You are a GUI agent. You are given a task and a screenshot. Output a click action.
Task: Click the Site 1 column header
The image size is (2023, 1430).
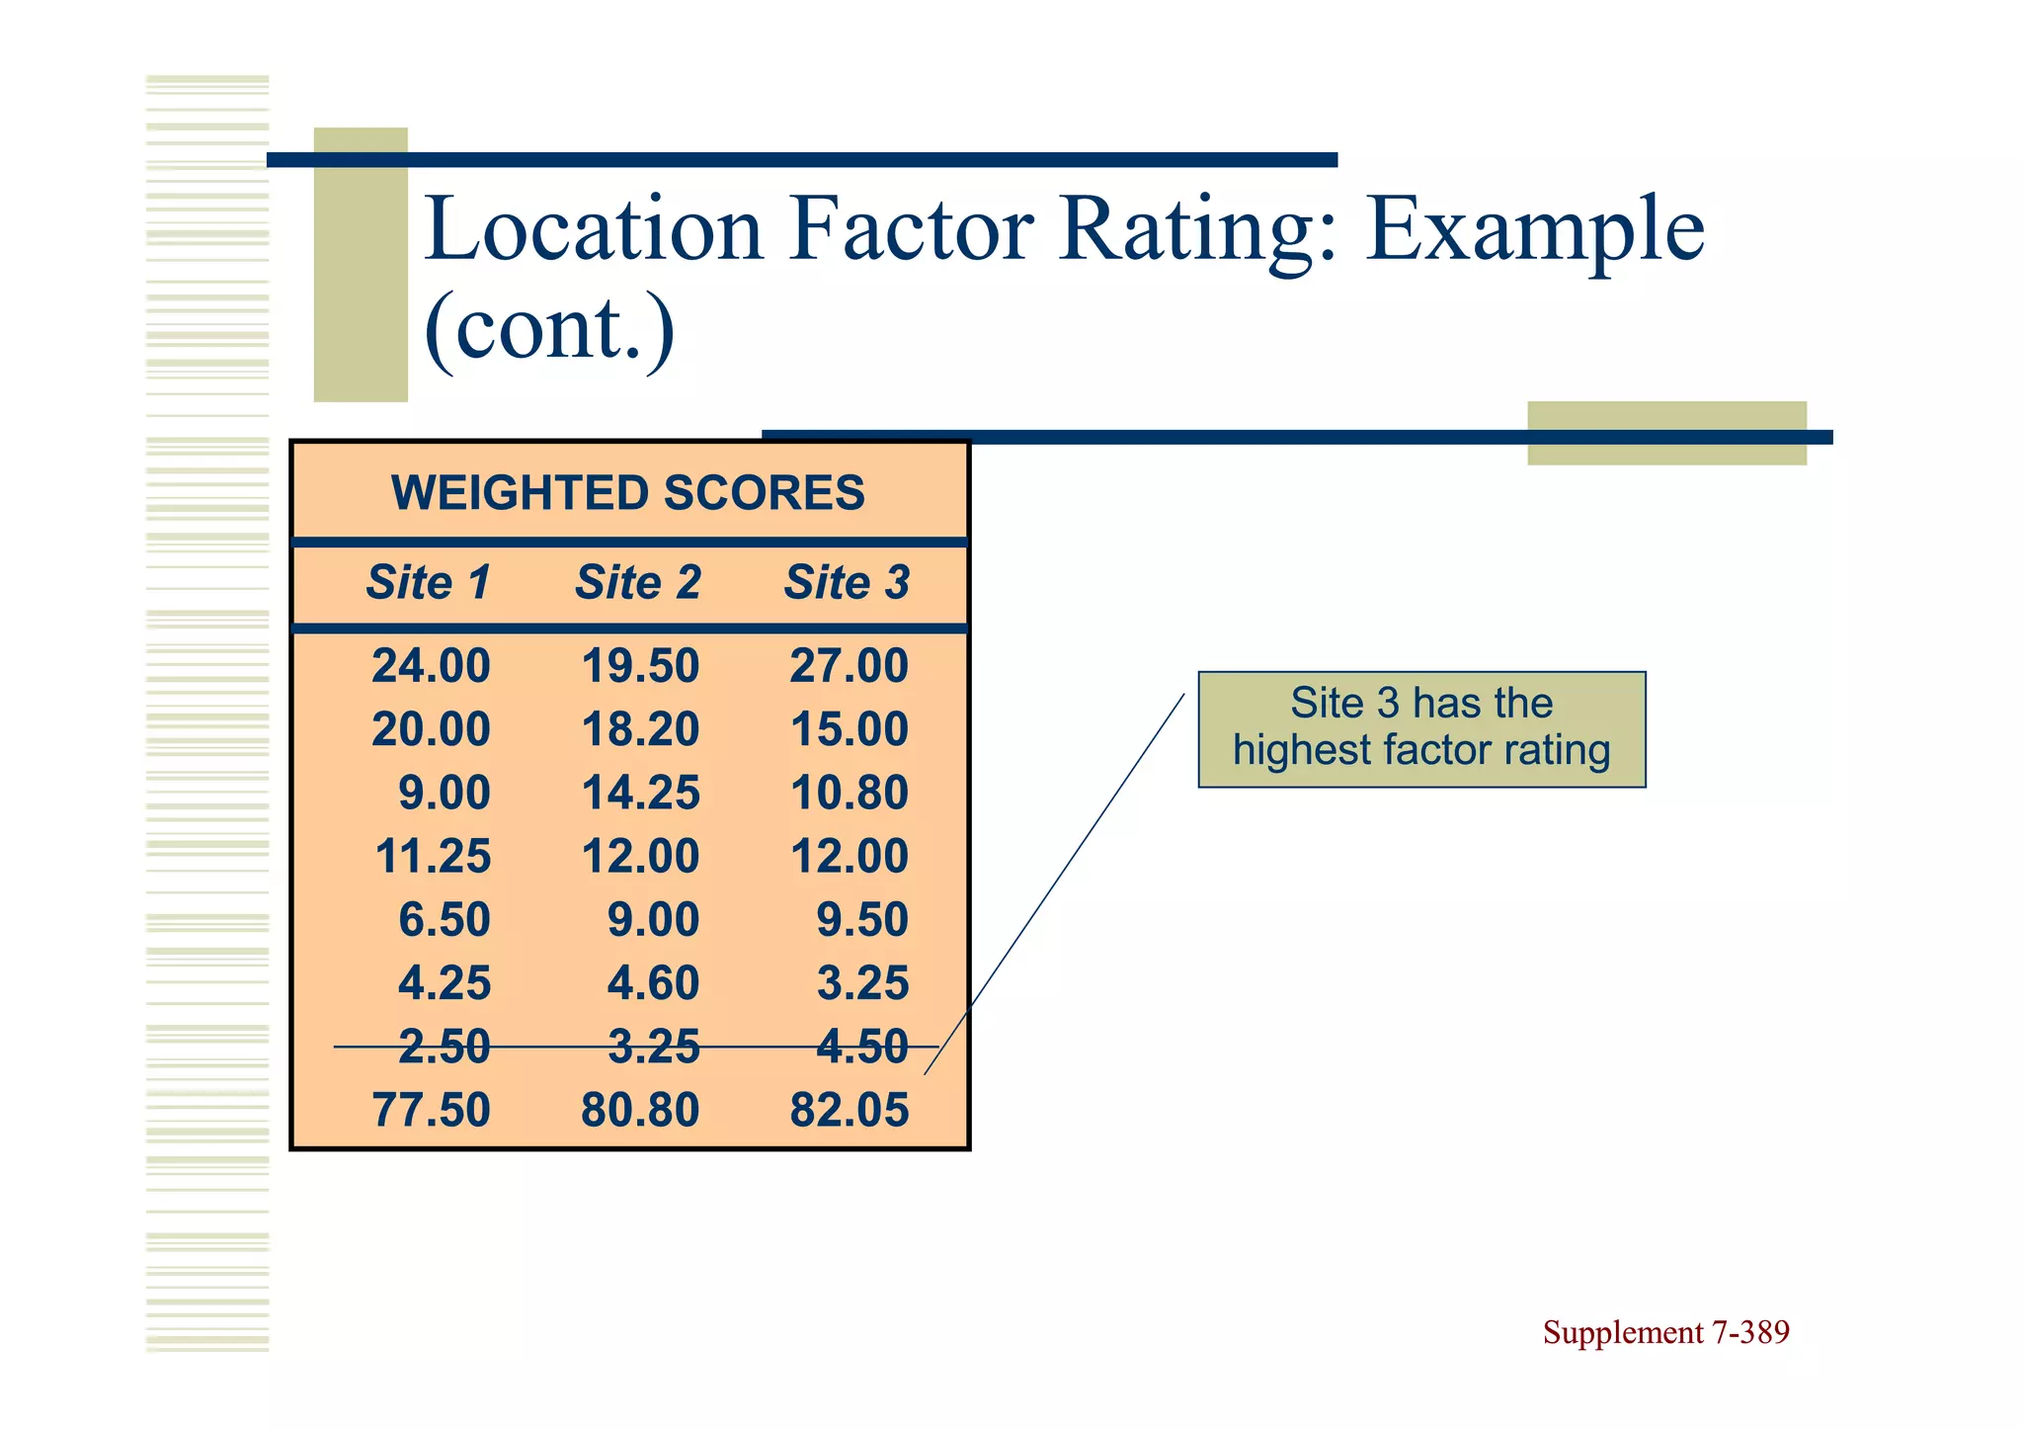coord(429,582)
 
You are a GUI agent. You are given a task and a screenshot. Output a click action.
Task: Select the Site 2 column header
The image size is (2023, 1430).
coord(638,582)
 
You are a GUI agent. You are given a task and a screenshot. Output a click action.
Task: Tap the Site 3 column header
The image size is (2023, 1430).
coord(847,582)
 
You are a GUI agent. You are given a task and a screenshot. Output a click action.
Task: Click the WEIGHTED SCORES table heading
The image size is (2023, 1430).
coord(628,492)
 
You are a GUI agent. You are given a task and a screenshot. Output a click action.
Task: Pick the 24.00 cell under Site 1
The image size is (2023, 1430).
coord(431,666)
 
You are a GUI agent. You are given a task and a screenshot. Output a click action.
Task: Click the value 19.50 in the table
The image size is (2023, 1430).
coord(640,666)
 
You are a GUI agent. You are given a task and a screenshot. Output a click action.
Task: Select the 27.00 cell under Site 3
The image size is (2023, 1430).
coord(849,666)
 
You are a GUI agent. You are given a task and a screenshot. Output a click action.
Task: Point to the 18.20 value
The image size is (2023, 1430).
coord(640,729)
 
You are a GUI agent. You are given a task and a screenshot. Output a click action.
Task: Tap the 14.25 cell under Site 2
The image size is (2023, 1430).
coord(640,793)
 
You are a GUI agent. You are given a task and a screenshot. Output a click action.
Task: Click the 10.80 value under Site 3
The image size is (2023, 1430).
coord(849,793)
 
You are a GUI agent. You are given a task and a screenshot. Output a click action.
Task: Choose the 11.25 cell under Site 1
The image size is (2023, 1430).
coord(433,856)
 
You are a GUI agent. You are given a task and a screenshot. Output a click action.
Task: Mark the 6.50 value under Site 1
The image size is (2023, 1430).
coord(444,919)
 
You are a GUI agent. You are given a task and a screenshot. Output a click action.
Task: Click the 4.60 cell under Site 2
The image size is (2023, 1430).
coord(653,983)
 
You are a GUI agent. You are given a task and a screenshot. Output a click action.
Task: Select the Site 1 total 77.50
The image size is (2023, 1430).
coord(431,1110)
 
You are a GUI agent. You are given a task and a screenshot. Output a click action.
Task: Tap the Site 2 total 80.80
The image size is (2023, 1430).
coord(640,1110)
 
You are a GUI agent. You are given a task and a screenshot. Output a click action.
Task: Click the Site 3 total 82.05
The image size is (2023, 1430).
coord(849,1110)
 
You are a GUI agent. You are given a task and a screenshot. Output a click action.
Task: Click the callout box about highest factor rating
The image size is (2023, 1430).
coord(1421,728)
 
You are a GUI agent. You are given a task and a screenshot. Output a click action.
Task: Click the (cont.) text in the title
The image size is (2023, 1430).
coord(549,329)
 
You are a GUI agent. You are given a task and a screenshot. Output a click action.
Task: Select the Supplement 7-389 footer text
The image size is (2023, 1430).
coord(1665,1332)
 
